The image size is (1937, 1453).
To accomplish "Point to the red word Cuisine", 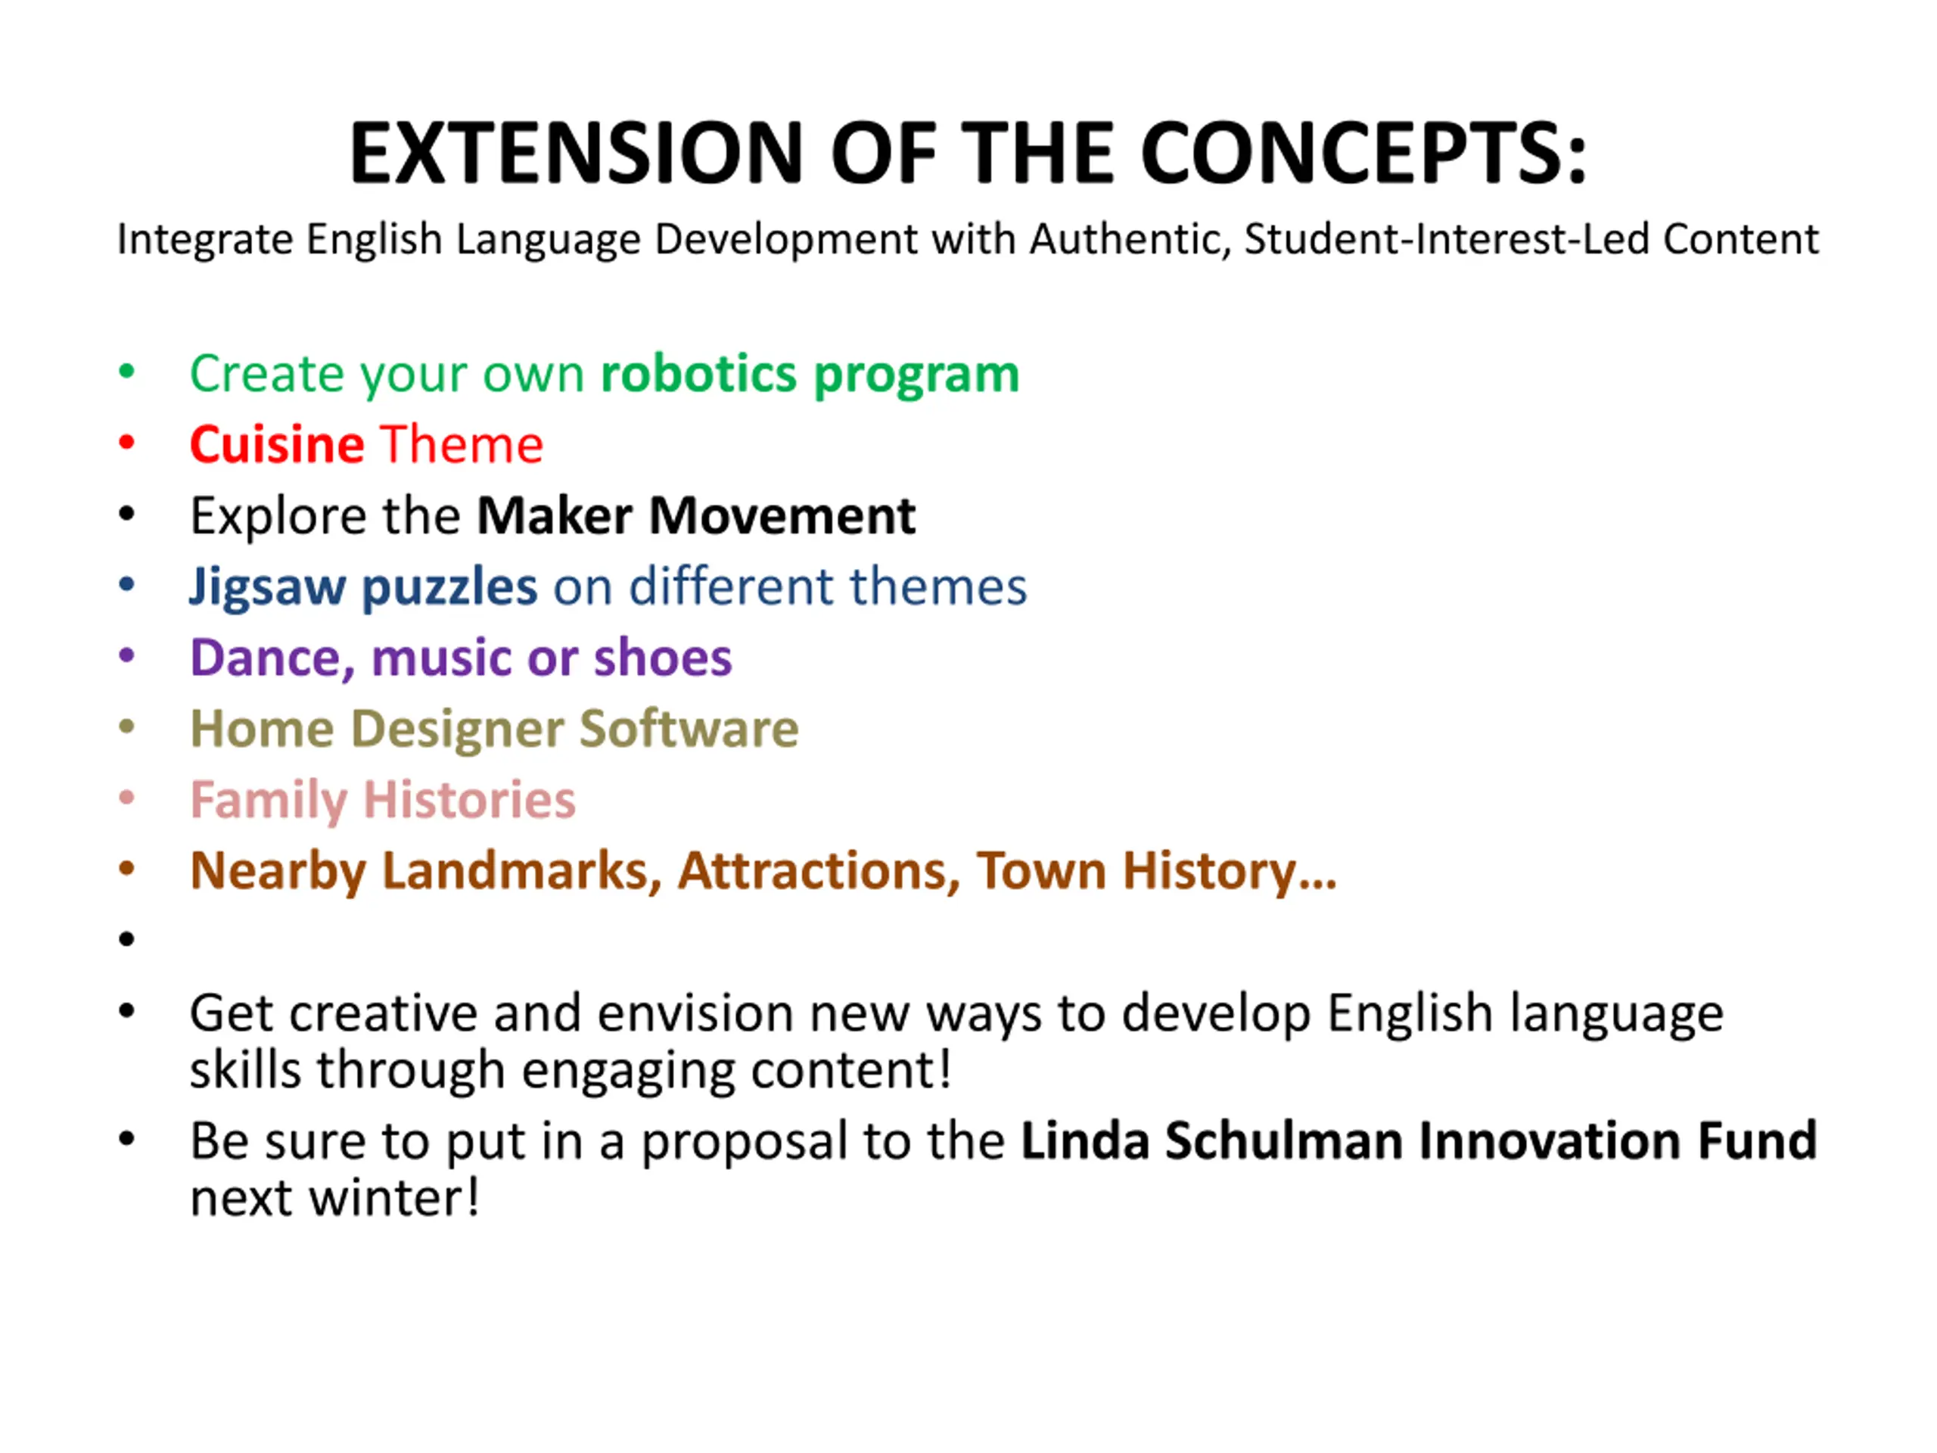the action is pos(277,445).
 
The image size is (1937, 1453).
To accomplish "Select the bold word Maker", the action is pos(555,516).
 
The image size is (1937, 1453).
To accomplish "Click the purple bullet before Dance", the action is pos(127,655).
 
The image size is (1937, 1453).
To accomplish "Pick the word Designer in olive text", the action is pos(457,730).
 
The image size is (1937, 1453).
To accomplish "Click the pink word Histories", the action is pos(469,801).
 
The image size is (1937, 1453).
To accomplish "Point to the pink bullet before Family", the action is pos(127,797).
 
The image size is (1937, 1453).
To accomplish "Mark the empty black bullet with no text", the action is pos(127,940).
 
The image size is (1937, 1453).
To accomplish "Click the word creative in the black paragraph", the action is pos(384,1014).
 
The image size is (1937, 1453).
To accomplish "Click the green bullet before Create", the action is pos(127,372).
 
